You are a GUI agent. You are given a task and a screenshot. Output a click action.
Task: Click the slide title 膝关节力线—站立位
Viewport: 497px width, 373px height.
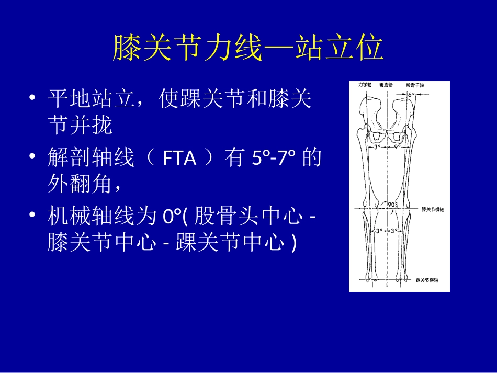249,49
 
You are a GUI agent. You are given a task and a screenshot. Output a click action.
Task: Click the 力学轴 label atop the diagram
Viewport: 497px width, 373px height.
364,84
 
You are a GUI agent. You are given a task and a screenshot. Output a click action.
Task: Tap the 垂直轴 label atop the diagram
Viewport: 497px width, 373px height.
388,84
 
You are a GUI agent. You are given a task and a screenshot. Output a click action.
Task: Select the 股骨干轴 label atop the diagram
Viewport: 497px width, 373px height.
413,84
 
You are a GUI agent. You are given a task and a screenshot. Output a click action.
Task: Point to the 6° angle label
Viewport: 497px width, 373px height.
411,96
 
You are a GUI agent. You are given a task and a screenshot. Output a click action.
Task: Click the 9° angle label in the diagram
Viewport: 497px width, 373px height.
397,148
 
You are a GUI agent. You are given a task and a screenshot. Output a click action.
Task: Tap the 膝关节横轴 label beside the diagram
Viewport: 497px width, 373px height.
432,209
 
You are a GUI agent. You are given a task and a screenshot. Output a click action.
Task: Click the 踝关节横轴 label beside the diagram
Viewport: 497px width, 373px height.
428,280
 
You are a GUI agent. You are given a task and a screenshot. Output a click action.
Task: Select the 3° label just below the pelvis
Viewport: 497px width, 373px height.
378,148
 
